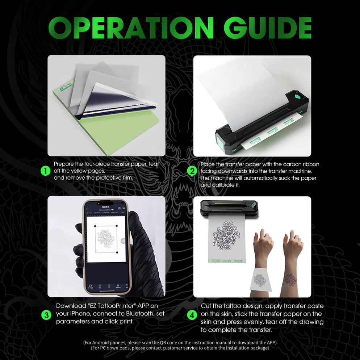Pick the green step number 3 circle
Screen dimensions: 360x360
46,315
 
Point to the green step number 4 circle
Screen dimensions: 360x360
192,315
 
